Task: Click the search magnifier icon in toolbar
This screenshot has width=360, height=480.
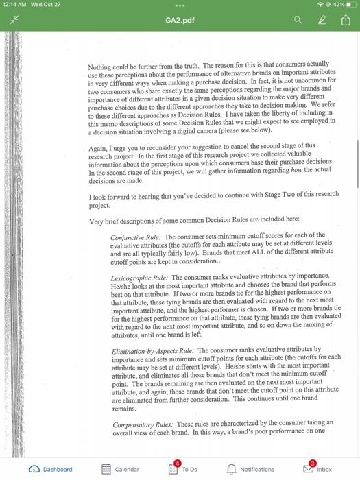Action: coord(298,21)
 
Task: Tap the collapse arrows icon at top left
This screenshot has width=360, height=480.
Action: coord(12,21)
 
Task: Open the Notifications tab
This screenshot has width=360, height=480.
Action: coord(250,469)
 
